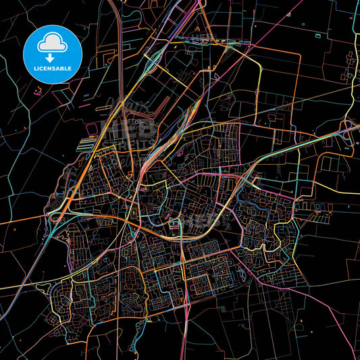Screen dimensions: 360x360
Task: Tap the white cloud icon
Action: [x=52, y=43]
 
